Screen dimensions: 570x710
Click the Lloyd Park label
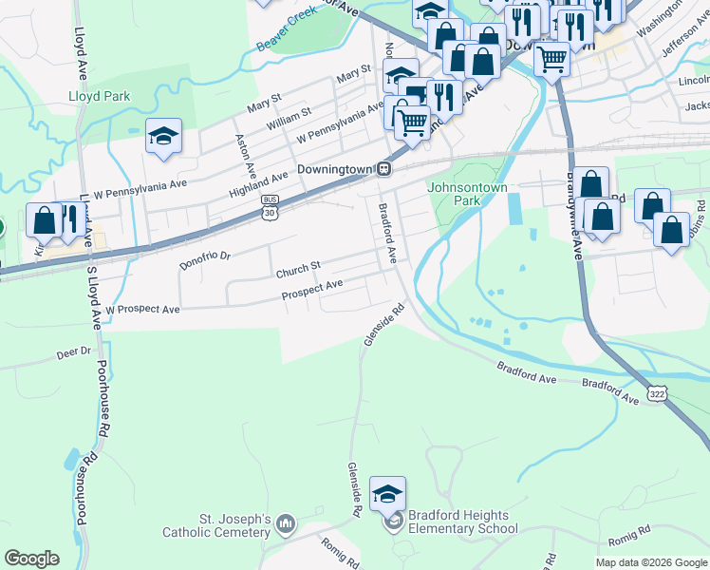[99, 96]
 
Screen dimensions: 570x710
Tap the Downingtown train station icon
[384, 169]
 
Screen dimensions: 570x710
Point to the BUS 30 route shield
[271, 205]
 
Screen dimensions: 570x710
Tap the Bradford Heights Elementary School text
[458, 522]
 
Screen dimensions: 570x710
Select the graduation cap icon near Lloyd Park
[163, 139]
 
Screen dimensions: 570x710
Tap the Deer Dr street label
[73, 351]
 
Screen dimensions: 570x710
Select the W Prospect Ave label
[142, 310]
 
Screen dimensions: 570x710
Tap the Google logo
[31, 559]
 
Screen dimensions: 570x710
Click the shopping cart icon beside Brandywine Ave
[551, 60]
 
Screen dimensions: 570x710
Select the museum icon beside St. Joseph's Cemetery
[287, 524]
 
